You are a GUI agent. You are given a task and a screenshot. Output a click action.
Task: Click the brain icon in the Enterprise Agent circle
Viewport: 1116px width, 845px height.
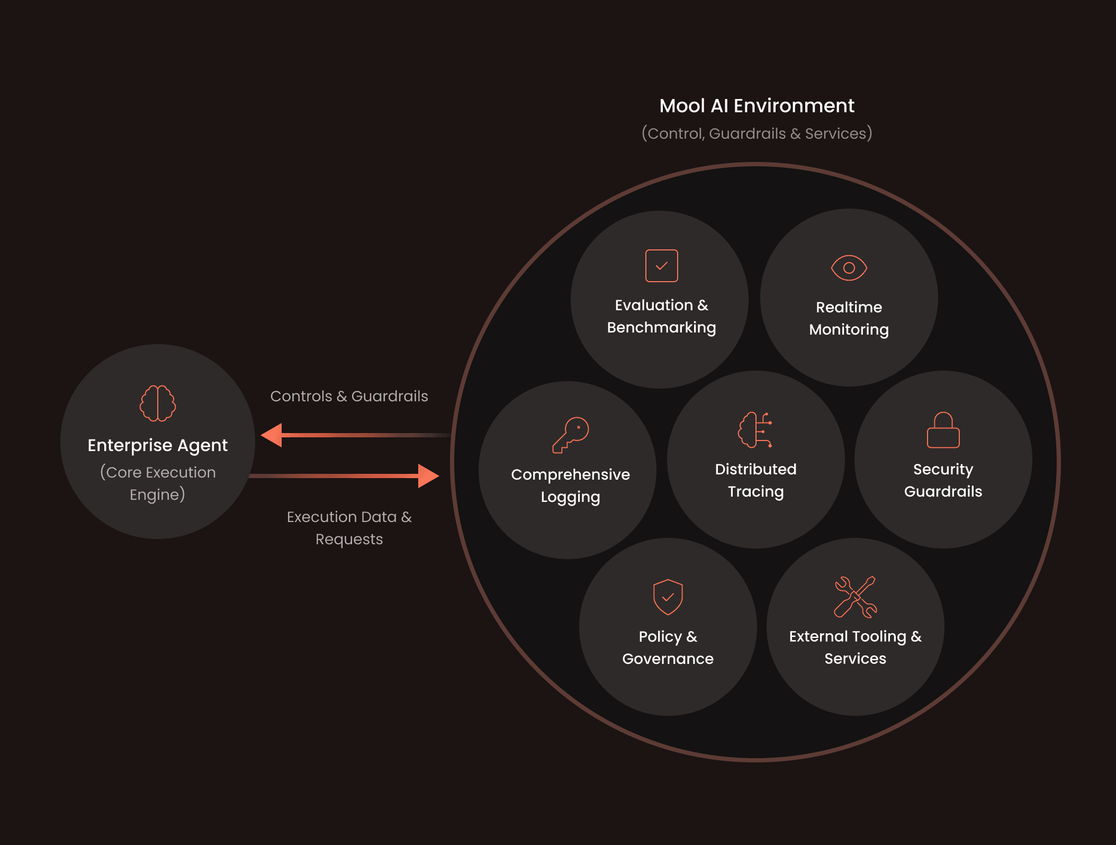click(158, 403)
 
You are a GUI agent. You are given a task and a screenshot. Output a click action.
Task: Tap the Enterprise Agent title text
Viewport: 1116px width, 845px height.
click(158, 445)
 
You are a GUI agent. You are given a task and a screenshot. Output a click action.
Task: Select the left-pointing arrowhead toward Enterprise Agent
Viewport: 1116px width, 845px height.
click(272, 435)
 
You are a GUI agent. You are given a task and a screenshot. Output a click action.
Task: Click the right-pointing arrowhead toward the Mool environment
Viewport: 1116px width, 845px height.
click(428, 476)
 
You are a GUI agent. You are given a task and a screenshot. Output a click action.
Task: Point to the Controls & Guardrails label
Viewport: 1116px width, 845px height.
click(349, 396)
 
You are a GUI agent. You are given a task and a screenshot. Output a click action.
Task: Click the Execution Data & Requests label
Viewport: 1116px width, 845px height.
click(349, 528)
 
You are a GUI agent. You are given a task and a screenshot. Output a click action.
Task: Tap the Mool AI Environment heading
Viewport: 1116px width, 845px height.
click(757, 106)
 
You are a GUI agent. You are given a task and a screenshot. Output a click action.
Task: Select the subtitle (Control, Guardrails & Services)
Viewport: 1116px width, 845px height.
click(757, 133)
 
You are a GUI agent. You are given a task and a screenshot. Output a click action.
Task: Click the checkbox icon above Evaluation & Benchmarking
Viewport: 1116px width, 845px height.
click(661, 266)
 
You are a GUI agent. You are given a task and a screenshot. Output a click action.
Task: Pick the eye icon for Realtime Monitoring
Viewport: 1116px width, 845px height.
click(849, 268)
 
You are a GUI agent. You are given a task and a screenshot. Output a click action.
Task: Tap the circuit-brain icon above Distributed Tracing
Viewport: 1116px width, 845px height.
click(755, 430)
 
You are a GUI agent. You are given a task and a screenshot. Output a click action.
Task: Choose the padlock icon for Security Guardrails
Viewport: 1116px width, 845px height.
click(943, 430)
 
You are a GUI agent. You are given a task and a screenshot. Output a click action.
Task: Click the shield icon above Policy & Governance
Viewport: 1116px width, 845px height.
click(668, 597)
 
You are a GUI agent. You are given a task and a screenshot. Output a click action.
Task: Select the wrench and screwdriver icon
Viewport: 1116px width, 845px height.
click(855, 597)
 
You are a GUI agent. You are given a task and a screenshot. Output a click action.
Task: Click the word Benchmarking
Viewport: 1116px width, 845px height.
click(661, 328)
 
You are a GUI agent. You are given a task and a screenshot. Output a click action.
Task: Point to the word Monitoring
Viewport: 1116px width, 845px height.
click(849, 330)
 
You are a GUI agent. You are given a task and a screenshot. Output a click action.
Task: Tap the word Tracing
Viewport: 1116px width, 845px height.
click(755, 492)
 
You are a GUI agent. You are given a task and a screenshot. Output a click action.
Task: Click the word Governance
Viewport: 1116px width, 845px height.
click(668, 659)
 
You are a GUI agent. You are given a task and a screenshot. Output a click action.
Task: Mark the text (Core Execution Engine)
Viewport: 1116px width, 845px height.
click(158, 483)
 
